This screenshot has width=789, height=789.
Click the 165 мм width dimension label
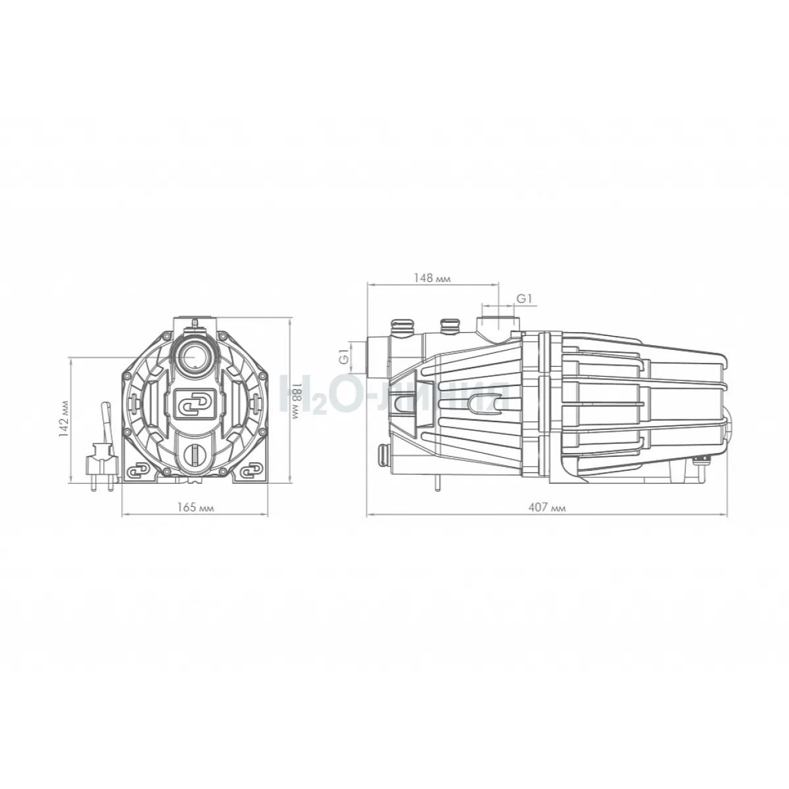tap(195, 508)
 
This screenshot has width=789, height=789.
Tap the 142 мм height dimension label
tap(64, 418)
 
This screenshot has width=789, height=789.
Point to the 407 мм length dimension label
tap(546, 508)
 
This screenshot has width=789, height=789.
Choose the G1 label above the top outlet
tap(524, 299)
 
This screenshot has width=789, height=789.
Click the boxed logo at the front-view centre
tap(195, 404)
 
